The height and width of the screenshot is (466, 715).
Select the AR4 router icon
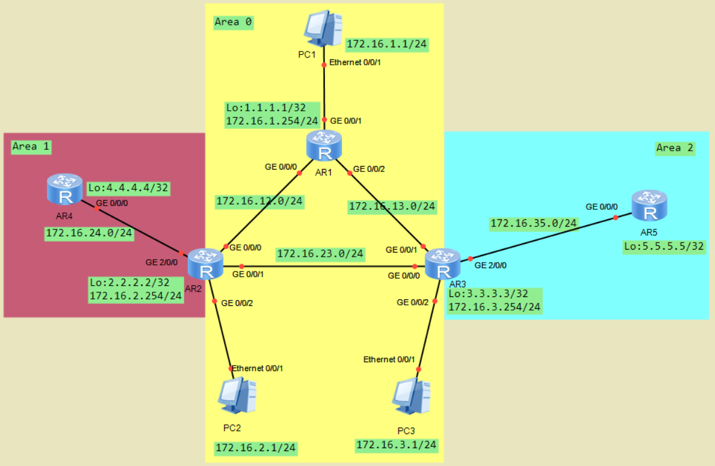click(x=65, y=189)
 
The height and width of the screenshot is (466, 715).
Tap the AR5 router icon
click(x=650, y=205)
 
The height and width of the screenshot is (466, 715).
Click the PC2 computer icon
click(x=237, y=395)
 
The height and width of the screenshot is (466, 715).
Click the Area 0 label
click(x=232, y=23)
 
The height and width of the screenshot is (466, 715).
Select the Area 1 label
click(x=31, y=146)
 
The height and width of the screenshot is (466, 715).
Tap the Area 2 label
click(x=675, y=148)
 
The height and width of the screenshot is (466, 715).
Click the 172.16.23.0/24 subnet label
click(x=320, y=254)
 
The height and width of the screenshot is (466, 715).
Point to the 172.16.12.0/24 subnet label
click(x=260, y=201)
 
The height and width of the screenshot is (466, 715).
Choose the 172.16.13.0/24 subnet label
click(x=392, y=206)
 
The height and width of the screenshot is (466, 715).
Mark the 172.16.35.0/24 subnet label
click(x=534, y=224)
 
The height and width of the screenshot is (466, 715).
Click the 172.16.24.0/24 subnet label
click(x=89, y=233)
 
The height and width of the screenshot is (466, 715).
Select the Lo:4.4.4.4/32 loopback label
click(x=129, y=189)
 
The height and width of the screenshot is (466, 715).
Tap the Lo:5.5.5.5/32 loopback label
click(x=664, y=247)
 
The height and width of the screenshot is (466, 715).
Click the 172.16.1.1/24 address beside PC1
click(x=387, y=44)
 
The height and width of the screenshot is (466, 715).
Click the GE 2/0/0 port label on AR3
click(x=490, y=265)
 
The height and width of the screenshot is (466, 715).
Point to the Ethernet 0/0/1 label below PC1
click(x=355, y=62)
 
